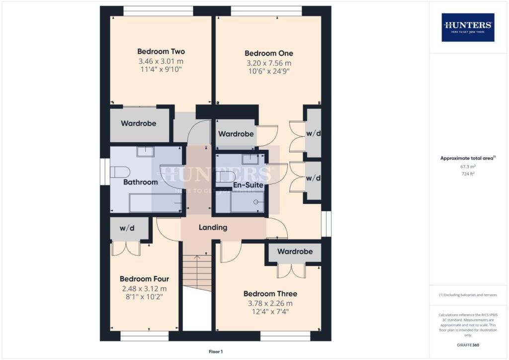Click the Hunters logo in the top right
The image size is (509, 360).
[468, 27]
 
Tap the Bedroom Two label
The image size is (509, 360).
[161, 51]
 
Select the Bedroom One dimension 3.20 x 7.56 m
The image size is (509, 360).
[269, 63]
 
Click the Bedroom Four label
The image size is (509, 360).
[144, 278]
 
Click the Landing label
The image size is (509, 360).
[213, 227]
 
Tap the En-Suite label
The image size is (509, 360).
[248, 185]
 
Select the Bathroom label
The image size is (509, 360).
[141, 182]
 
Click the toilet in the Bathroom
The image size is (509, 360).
[119, 172]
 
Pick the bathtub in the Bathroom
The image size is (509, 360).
[155, 204]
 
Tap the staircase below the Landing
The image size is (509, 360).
[197, 272]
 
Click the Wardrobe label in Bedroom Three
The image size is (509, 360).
[295, 252]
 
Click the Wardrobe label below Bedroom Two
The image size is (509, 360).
[139, 123]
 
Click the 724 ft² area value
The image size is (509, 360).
[467, 175]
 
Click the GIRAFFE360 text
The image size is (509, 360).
[468, 345]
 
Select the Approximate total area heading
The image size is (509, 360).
[467, 158]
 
